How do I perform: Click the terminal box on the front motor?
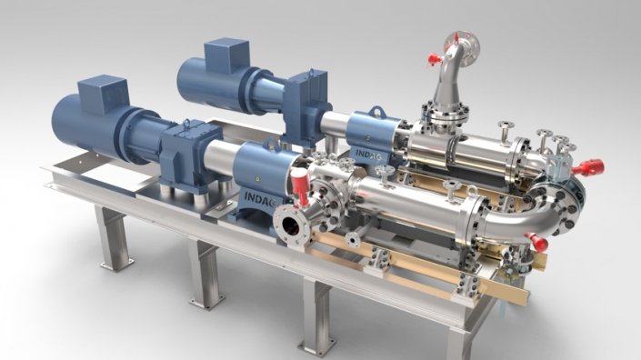(103, 94)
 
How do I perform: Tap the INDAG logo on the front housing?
(260, 199)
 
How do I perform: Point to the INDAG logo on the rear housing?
(368, 155)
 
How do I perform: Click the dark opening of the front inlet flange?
(291, 224)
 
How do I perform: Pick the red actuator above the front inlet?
(300, 186)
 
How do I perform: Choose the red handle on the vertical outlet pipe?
(436, 60)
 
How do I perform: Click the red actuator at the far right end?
(588, 167)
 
